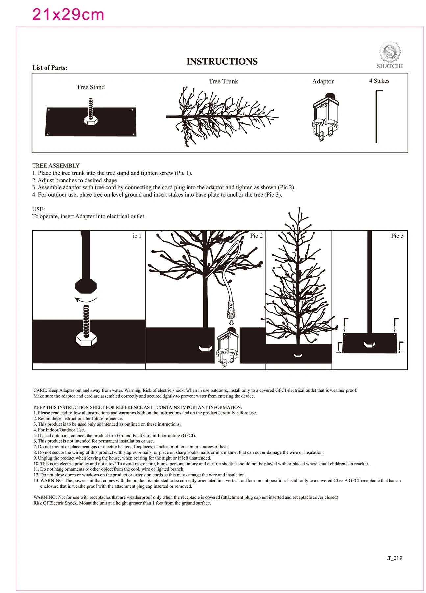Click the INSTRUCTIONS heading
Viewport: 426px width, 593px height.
(222, 61)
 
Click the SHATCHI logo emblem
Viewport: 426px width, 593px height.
(389, 52)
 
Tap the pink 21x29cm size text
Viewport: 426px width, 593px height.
(68, 14)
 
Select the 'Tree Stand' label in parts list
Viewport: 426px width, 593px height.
(90, 87)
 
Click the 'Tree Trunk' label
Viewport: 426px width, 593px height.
(223, 81)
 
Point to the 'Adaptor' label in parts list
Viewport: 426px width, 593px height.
(323, 81)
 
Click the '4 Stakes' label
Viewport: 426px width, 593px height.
(379, 81)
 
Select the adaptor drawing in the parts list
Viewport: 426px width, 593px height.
(325, 117)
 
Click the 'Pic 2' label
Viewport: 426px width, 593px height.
(256, 236)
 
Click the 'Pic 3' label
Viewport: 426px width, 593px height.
(397, 236)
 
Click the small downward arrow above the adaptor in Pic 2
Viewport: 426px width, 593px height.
(231, 323)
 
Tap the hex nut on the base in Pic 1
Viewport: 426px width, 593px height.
(86, 339)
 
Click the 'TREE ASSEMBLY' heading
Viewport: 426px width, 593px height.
(56, 166)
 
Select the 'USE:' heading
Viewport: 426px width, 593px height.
(38, 209)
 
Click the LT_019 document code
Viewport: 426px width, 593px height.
(394, 558)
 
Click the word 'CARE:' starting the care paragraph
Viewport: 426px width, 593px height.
(40, 390)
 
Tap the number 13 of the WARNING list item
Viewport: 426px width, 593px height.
(36, 481)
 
